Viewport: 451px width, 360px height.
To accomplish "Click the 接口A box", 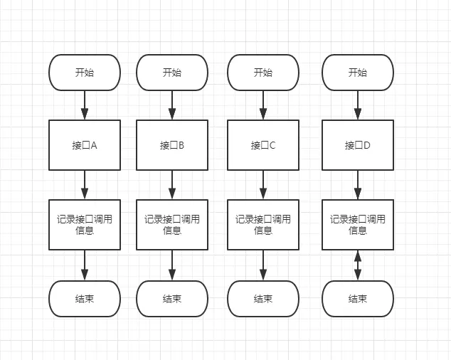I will click(x=85, y=145).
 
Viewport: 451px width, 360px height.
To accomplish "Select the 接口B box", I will click(x=172, y=145).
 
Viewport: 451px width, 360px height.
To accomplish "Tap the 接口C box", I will click(x=263, y=145).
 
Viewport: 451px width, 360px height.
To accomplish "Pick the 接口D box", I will click(x=358, y=145).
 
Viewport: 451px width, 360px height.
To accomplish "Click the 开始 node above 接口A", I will click(x=85, y=73).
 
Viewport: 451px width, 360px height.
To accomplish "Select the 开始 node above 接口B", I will click(x=172, y=73).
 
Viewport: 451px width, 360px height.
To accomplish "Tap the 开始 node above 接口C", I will click(x=263, y=73).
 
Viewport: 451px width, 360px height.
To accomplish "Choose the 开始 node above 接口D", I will click(x=358, y=73).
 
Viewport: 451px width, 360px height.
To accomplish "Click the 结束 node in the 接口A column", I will click(x=85, y=299).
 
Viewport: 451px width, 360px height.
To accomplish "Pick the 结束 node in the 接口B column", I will click(x=172, y=299).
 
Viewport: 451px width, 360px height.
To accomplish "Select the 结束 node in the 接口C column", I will click(x=263, y=299).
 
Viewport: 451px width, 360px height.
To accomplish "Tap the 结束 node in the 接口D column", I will click(x=358, y=299).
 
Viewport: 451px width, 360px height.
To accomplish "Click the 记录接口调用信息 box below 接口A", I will click(x=85, y=225).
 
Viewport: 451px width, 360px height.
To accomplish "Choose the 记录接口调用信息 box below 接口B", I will click(x=172, y=225).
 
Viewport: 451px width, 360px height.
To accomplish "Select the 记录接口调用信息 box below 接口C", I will click(x=263, y=225).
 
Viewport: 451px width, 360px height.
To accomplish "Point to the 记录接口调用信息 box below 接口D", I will click(x=358, y=225).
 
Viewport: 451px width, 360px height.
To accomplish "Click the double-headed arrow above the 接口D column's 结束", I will click(x=358, y=265).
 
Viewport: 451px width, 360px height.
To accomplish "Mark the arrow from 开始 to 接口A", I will click(x=85, y=105).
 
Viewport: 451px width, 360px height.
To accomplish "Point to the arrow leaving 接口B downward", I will click(x=172, y=185).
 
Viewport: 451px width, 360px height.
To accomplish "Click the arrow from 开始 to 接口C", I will click(x=263, y=105).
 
